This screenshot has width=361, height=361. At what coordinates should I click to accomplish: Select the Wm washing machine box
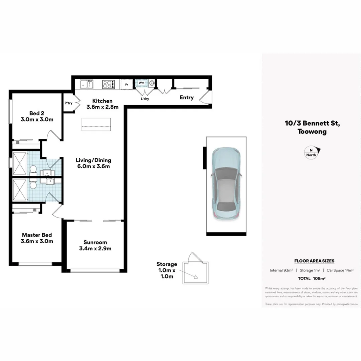tap(141, 83)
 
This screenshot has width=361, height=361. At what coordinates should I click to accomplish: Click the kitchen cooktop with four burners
tap(108, 84)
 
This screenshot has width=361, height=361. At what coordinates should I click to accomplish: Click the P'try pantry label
tap(68, 103)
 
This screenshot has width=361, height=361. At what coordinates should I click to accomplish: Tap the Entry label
tap(187, 98)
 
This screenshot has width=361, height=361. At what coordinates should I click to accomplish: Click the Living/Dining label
tap(93, 160)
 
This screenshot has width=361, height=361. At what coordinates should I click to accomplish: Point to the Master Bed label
tap(37, 235)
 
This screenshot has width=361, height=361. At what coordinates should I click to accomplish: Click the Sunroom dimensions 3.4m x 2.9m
tap(95, 248)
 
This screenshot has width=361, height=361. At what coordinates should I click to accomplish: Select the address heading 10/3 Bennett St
tap(312, 123)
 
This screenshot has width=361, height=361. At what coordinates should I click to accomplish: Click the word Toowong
tap(312, 132)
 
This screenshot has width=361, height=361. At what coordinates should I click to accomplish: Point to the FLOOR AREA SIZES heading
tap(314, 261)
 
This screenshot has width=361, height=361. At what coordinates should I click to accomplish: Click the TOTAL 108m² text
tap(314, 278)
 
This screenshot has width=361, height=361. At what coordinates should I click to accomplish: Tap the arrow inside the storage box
tap(196, 276)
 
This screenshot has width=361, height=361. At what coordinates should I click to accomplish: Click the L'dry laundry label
tap(145, 99)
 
